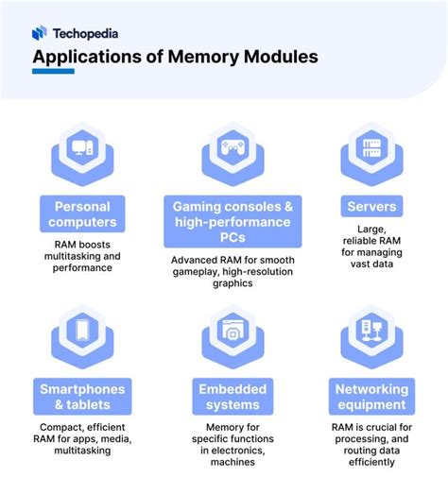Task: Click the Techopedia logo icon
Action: (39, 32)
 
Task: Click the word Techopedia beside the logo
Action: (86, 32)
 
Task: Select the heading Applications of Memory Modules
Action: (174, 57)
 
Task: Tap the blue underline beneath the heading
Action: (53, 73)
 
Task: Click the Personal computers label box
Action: (82, 214)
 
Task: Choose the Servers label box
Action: (371, 206)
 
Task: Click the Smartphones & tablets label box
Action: (82, 397)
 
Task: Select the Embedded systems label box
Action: (233, 397)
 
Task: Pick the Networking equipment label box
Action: (371, 397)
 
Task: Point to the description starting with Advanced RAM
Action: (233, 270)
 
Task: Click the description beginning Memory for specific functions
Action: (233, 444)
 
